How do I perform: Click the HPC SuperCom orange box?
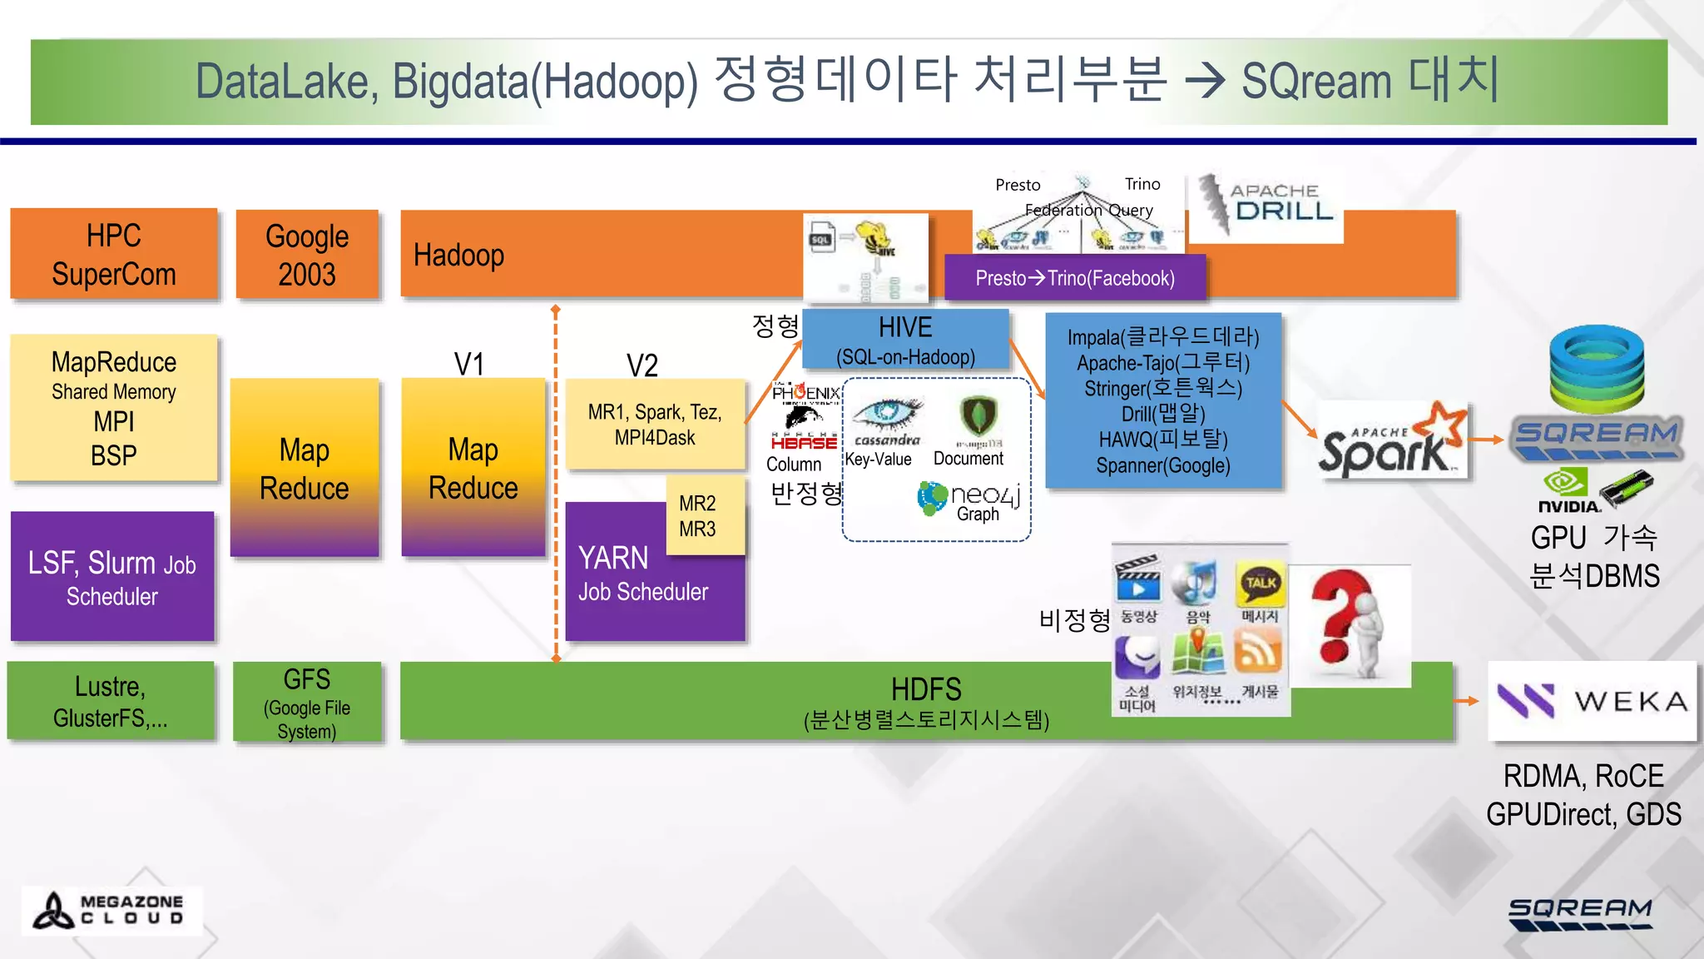tap(114, 254)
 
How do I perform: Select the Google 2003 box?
tap(307, 254)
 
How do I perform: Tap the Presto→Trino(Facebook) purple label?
tap(1075, 278)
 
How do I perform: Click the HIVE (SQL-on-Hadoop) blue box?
tap(905, 340)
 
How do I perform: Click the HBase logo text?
tap(804, 443)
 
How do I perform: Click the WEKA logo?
tap(1592, 701)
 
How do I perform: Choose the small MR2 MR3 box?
tap(697, 515)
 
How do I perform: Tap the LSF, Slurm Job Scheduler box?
tap(112, 577)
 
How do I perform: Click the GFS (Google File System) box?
tap(307, 703)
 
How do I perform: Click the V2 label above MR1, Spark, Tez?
tap(642, 365)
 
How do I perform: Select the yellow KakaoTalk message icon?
tap(1260, 584)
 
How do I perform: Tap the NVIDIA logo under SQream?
tap(1567, 491)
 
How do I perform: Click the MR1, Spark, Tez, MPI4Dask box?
tap(655, 425)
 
